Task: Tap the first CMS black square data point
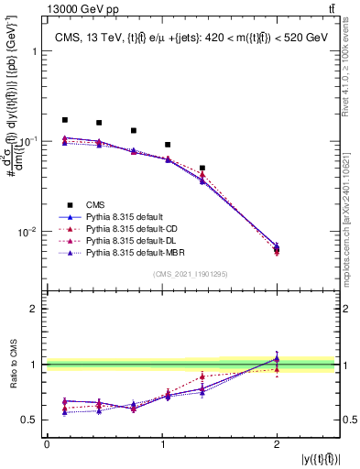pyautogui.click(x=64, y=120)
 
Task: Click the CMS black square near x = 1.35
pyautogui.click(x=202, y=169)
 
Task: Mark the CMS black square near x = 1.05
pyautogui.click(x=168, y=145)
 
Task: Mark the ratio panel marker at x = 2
pyautogui.click(x=277, y=359)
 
